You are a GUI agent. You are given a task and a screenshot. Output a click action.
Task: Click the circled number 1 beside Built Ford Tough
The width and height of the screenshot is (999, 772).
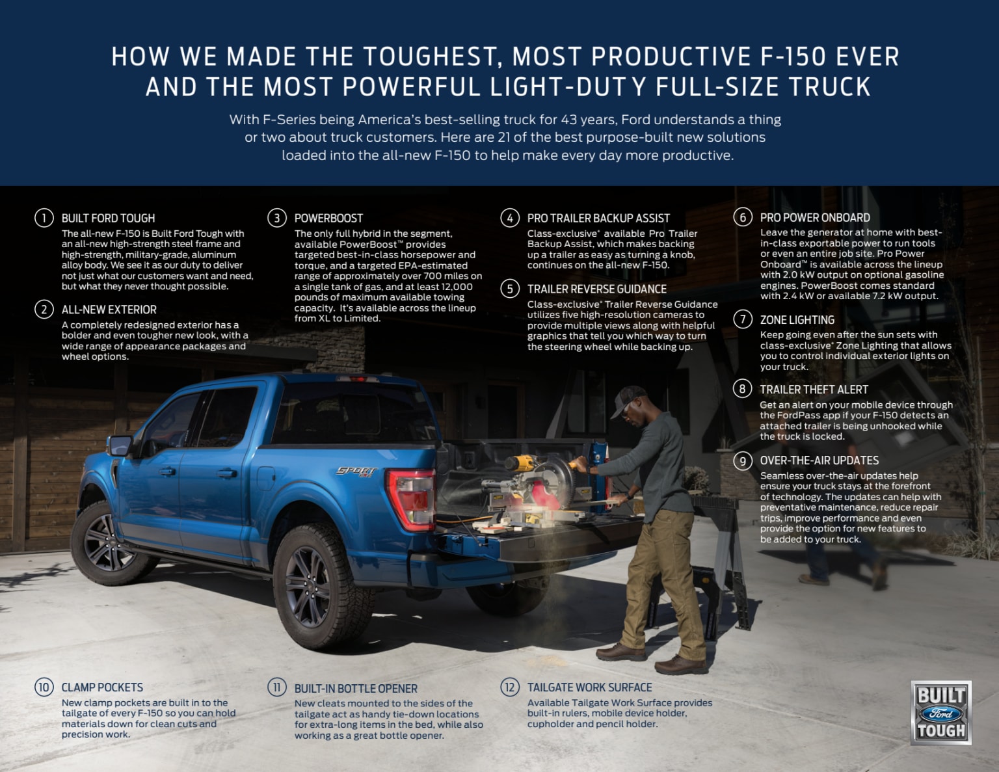click(x=44, y=218)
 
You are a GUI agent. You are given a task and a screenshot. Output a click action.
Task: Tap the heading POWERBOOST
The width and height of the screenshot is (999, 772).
click(x=328, y=219)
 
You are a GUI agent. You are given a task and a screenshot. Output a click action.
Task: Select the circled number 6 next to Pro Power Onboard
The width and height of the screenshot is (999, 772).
click(x=742, y=217)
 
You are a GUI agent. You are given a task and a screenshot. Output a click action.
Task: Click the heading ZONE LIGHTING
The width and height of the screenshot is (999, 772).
click(x=797, y=320)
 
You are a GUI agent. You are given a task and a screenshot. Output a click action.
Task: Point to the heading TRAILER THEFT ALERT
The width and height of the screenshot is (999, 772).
click(x=814, y=390)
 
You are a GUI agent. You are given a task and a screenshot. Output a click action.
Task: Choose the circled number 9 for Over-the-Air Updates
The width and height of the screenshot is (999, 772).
click(x=742, y=461)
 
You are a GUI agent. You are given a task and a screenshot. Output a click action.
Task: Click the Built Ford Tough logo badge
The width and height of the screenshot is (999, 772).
click(x=940, y=713)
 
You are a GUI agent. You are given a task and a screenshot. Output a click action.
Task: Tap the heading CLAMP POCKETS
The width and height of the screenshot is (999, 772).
click(x=102, y=687)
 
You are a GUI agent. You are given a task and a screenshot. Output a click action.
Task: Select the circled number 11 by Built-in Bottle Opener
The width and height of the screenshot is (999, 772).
click(x=276, y=687)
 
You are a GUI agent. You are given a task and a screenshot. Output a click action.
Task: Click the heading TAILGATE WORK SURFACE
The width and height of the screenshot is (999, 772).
click(x=589, y=687)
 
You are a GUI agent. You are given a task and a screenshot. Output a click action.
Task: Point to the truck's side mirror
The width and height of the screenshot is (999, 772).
click(x=120, y=446)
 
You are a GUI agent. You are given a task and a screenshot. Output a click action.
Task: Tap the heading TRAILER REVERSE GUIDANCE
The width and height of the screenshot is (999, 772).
click(x=596, y=289)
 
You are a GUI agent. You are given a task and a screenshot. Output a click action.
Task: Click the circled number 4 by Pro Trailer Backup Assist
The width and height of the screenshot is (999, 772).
click(x=509, y=218)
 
